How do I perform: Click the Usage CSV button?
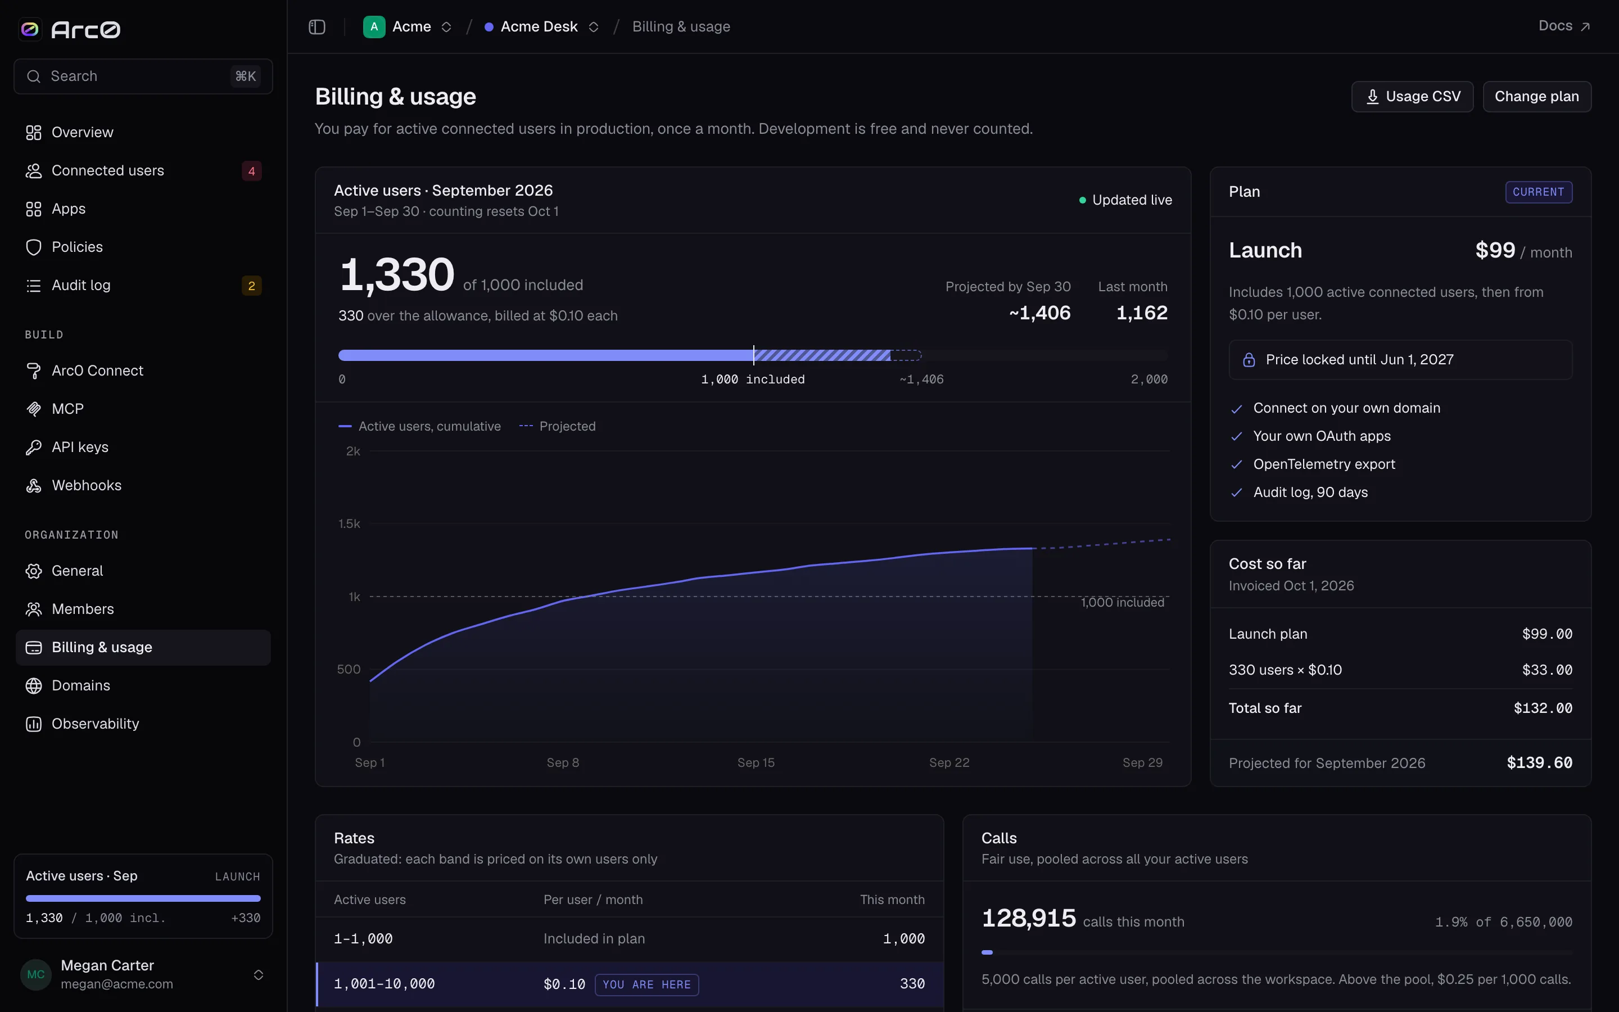coord(1412,96)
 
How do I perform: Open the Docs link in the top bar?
coord(1564,26)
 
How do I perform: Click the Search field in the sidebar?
coord(143,76)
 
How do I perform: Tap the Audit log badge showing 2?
coord(251,286)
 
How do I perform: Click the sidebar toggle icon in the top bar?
coord(317,27)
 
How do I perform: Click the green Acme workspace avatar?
coord(374,27)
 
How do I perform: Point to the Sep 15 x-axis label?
coord(756,762)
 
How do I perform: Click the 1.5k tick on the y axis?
coord(349,523)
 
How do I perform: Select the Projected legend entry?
coord(557,426)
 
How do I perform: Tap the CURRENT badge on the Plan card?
coord(1539,192)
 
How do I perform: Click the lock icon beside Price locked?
coord(1249,360)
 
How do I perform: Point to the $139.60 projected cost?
coord(1539,763)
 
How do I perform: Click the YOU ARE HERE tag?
coord(647,984)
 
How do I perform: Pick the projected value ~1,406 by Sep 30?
coord(1039,313)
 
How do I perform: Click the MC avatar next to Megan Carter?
coord(36,974)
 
